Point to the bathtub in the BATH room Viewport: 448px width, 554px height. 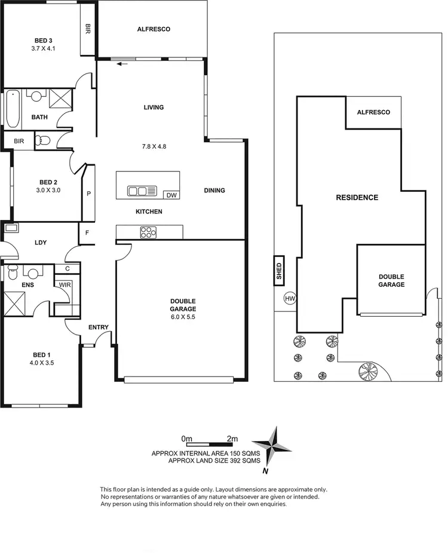coord(13,109)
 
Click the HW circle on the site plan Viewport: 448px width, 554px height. coord(290,298)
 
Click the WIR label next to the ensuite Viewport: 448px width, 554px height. coord(64,284)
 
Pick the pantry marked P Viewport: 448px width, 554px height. coord(88,194)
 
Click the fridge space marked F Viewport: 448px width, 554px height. coord(87,232)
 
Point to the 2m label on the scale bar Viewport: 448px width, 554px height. coord(232,439)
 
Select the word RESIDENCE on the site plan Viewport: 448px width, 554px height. coord(357,197)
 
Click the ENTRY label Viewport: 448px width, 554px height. coord(98,327)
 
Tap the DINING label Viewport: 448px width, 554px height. coord(214,191)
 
